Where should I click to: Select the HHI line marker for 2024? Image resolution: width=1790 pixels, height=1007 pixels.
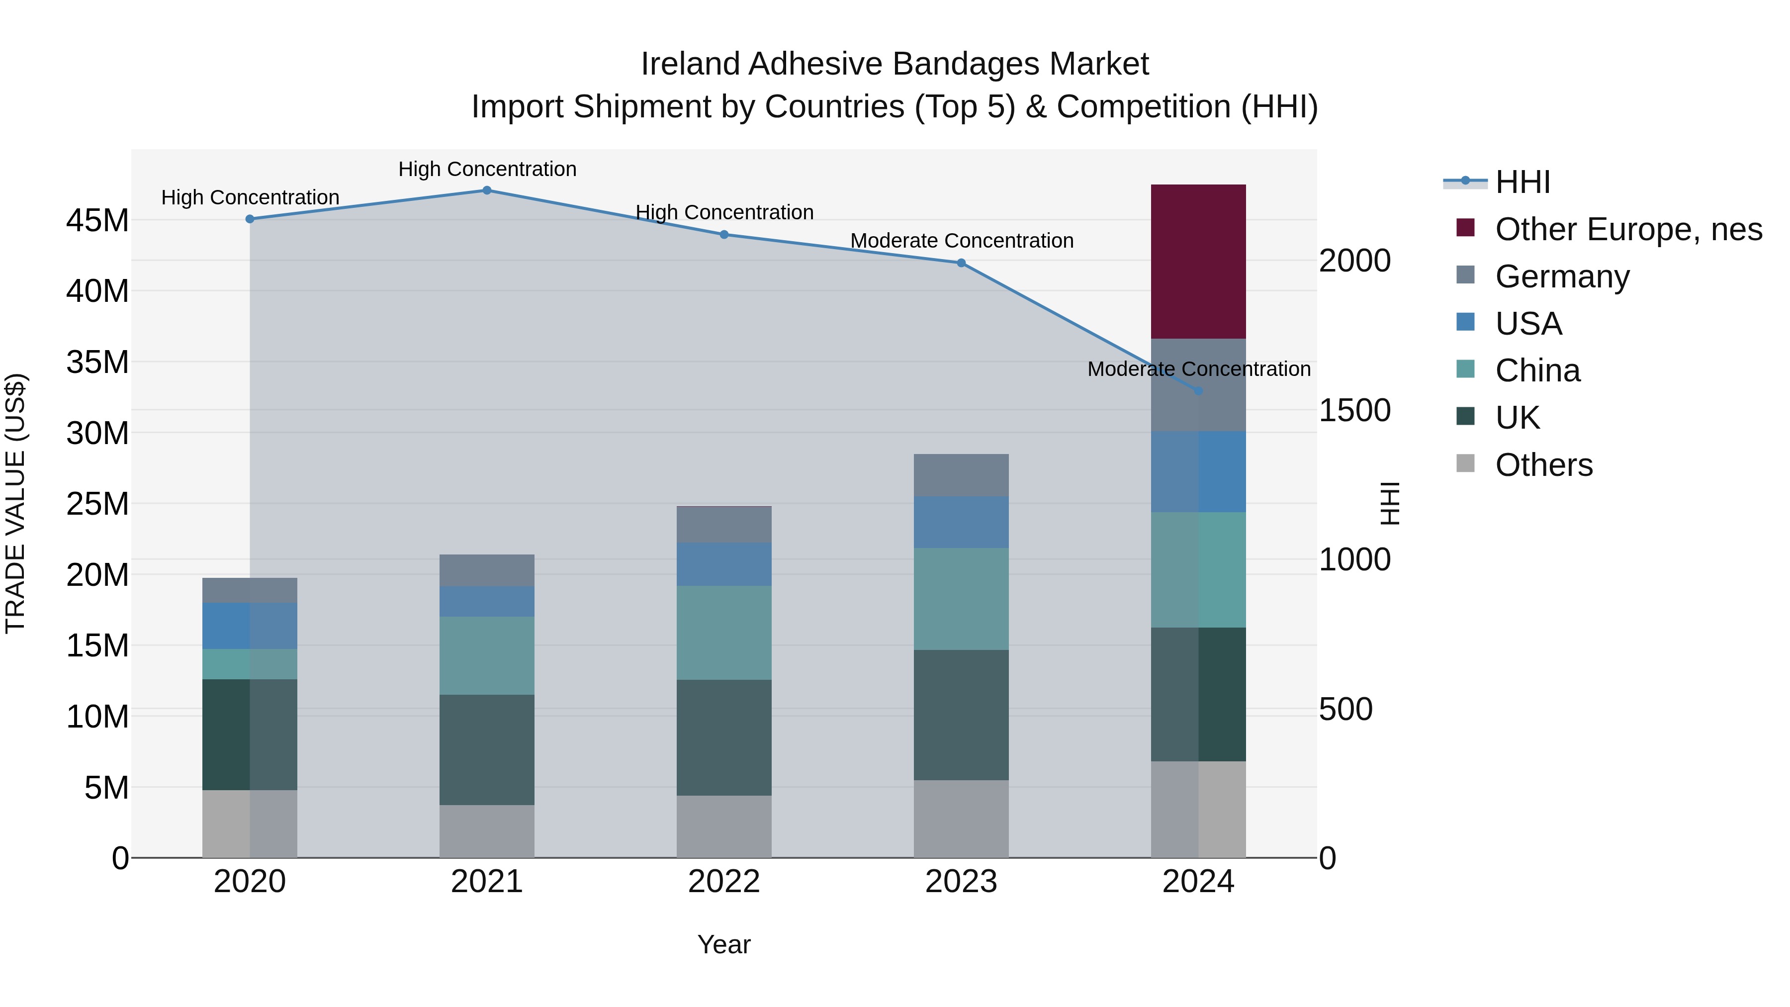click(x=1198, y=391)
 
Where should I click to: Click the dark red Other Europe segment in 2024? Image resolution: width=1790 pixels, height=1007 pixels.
click(x=1198, y=262)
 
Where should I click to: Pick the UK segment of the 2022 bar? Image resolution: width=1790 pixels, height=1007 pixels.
click(x=723, y=737)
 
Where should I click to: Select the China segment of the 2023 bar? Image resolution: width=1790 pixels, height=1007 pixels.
click(x=961, y=599)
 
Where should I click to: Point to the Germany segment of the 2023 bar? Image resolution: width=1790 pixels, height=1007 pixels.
click(x=961, y=475)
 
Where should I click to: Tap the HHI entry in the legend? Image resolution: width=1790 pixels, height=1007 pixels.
click(x=1522, y=182)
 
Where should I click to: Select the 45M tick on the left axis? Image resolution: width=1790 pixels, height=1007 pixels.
click(x=97, y=221)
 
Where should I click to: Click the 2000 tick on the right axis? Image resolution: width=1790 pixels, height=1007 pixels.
click(x=1354, y=261)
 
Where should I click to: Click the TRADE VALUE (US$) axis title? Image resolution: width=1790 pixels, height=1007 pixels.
click(x=16, y=503)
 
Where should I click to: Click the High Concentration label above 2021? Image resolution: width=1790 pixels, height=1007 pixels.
click(x=487, y=169)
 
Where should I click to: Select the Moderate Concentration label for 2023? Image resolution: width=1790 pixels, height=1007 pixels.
click(x=962, y=241)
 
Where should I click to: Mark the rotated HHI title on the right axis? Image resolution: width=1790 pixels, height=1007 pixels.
click(x=1389, y=503)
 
